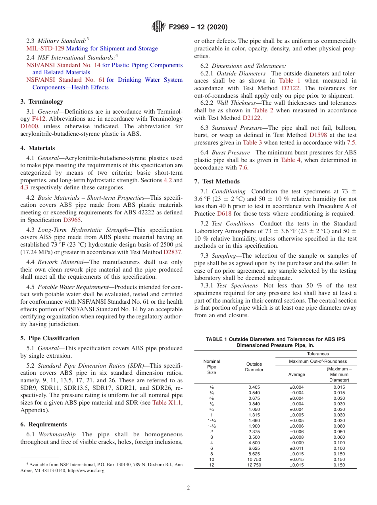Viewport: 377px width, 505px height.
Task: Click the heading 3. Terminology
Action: coord(42,102)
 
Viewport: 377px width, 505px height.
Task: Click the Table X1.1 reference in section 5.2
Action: coord(165,403)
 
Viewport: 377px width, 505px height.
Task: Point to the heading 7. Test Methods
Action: coord(217,181)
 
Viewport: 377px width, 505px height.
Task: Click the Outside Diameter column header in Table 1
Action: coord(254,367)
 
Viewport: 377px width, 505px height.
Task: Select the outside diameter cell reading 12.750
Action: coord(254,465)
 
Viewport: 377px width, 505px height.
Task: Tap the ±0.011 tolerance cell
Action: coord(296,448)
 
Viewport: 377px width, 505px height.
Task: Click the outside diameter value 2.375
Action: coord(254,432)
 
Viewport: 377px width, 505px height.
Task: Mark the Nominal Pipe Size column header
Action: coord(212,367)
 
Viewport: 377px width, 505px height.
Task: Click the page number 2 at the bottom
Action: coord(188,488)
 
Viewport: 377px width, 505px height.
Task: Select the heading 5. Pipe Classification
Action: coord(50,338)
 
